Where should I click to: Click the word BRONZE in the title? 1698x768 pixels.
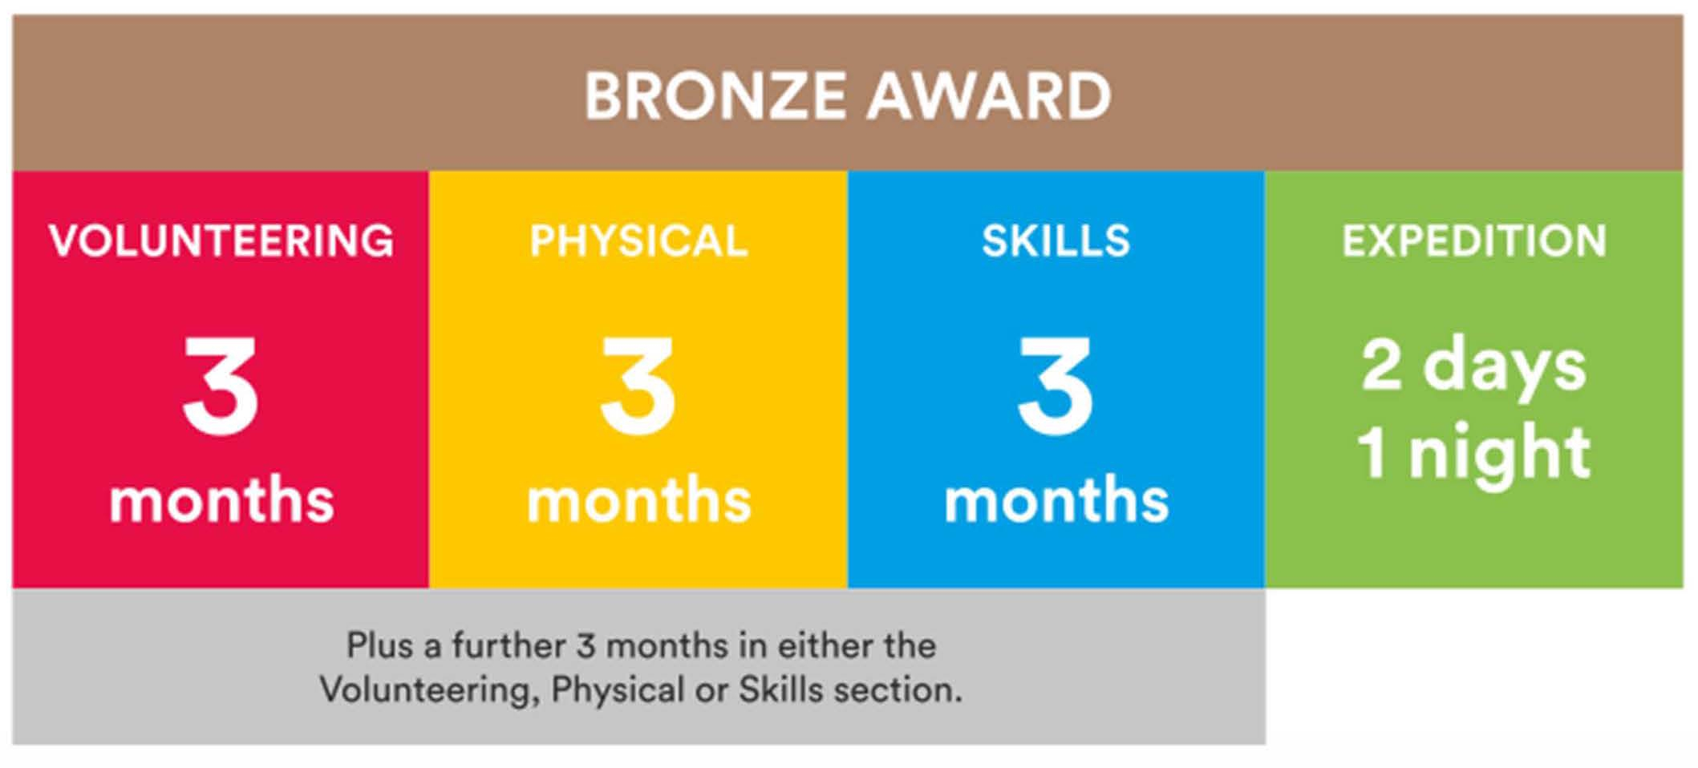pyautogui.click(x=715, y=96)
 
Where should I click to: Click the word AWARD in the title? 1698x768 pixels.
pyautogui.click(x=989, y=96)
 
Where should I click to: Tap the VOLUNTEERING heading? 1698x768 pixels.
pyautogui.click(x=221, y=241)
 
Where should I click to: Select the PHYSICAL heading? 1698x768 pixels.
pyautogui.click(x=638, y=241)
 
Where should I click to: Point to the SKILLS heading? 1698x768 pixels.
pyautogui.click(x=1056, y=241)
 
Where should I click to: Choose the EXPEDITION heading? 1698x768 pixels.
pyautogui.click(x=1475, y=241)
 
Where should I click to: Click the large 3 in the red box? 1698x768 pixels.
pyautogui.click(x=221, y=386)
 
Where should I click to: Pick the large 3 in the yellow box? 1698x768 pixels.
pyautogui.click(x=638, y=386)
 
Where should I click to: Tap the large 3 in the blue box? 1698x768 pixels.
pyautogui.click(x=1056, y=386)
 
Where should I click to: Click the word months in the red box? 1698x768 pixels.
pyautogui.click(x=221, y=500)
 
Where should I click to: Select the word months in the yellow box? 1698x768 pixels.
pyautogui.click(x=639, y=500)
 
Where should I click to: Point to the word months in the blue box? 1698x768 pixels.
pyautogui.click(x=1057, y=500)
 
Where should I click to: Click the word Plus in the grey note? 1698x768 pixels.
pyautogui.click(x=380, y=645)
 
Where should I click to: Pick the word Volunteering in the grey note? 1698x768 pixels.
pyautogui.click(x=431, y=691)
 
